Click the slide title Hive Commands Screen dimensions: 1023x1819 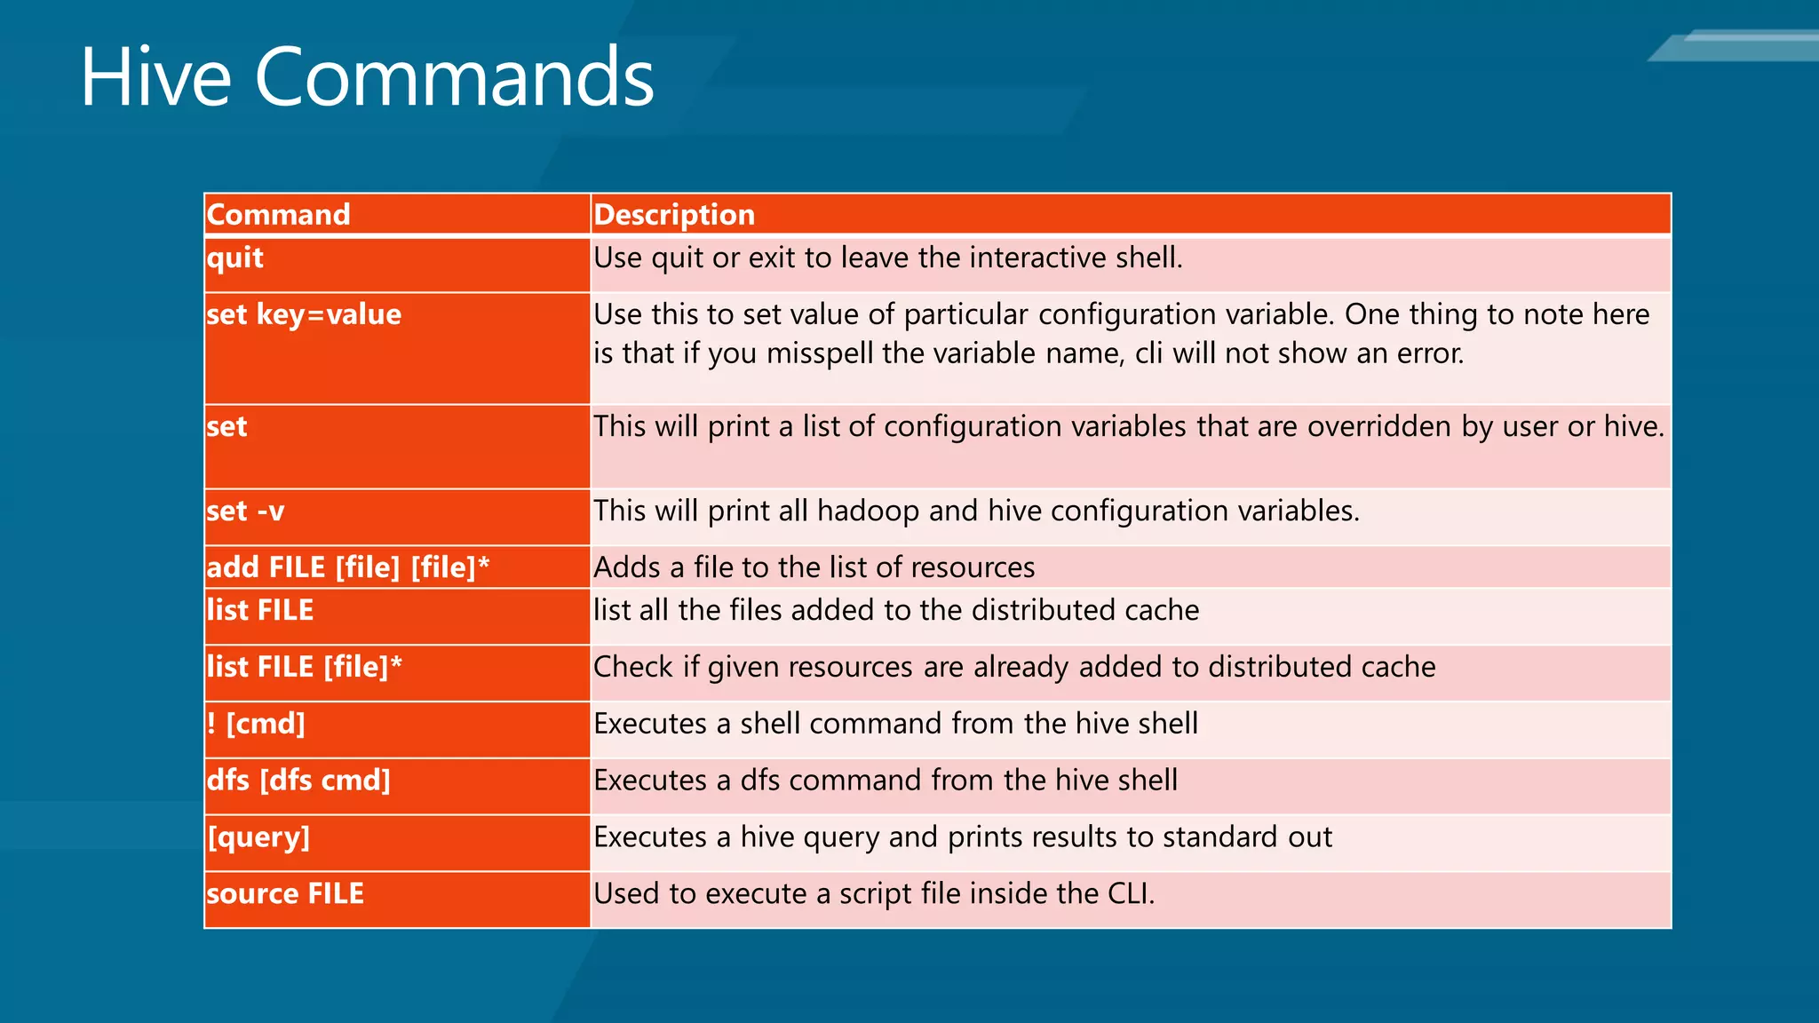click(x=367, y=78)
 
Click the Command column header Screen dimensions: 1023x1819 click(x=278, y=215)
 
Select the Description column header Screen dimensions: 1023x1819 click(x=674, y=215)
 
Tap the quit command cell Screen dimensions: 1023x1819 click(x=235, y=258)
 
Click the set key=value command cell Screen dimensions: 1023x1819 click(x=304, y=315)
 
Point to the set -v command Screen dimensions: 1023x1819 click(x=245, y=511)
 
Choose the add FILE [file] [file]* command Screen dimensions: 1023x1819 click(x=348, y=567)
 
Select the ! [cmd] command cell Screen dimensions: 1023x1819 click(x=256, y=724)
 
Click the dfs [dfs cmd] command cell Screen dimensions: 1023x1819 click(x=298, y=781)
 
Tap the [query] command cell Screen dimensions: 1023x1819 click(x=258, y=837)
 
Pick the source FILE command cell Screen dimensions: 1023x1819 click(x=285, y=893)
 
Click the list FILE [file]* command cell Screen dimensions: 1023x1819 click(x=304, y=667)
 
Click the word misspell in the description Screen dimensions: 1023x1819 click(x=820, y=354)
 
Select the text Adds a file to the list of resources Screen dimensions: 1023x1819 click(x=814, y=567)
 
